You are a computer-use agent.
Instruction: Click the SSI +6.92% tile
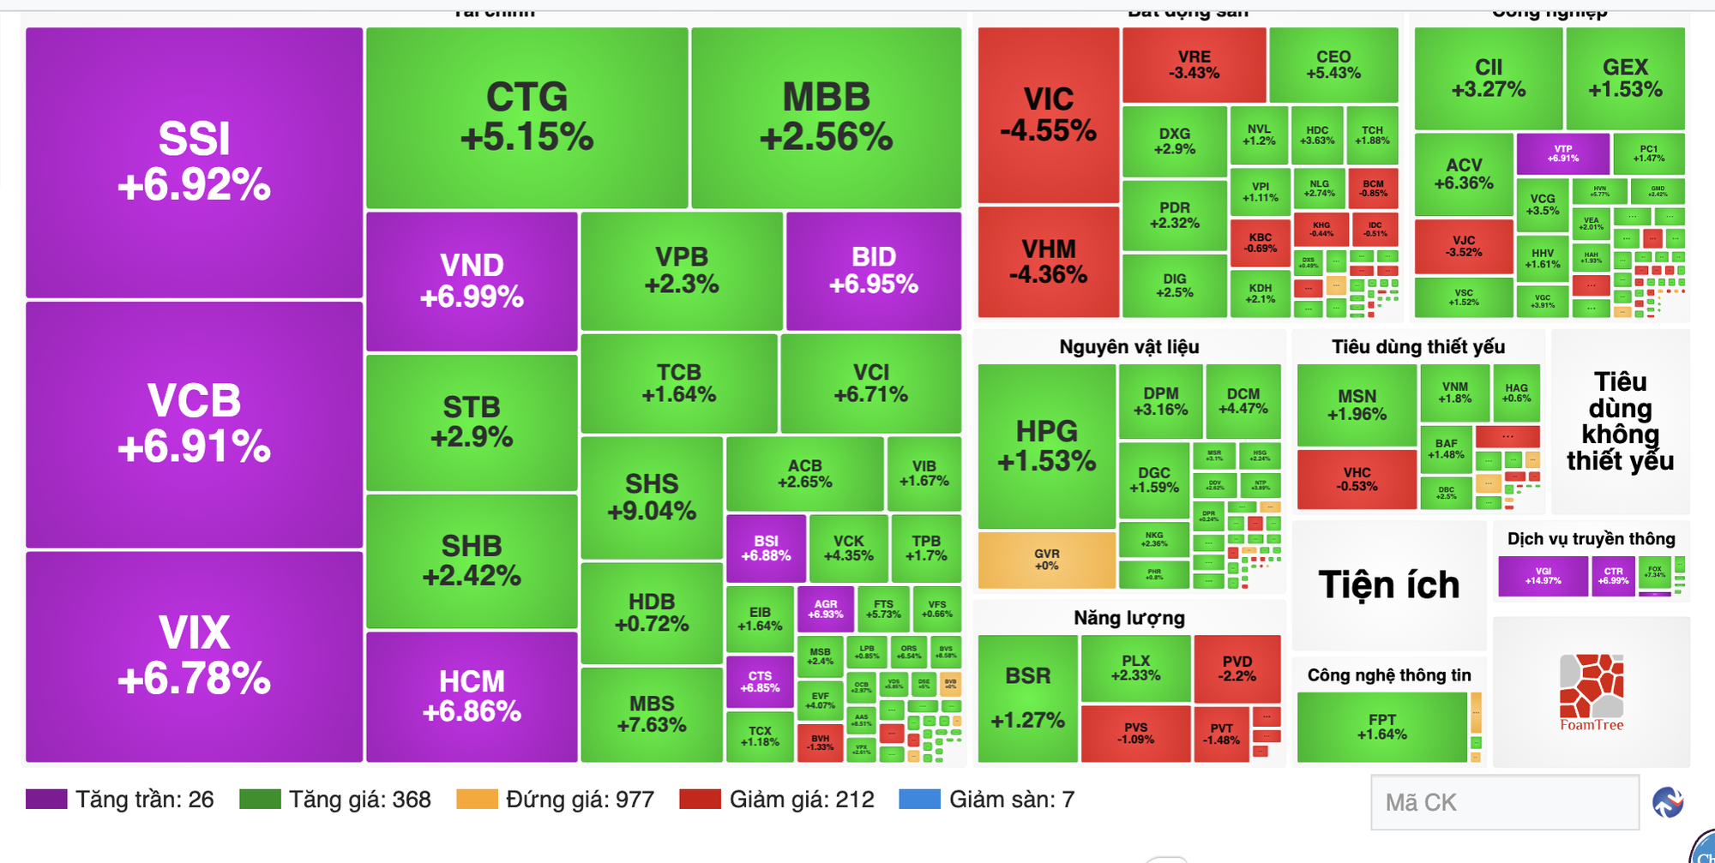194,163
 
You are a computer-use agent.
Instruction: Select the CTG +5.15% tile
527,117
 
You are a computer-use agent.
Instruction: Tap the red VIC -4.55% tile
1048,115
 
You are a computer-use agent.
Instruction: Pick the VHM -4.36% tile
1048,261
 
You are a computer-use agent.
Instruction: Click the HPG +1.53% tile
1046,446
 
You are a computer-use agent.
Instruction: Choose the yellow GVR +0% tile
1046,560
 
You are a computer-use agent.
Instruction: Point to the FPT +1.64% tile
1381,727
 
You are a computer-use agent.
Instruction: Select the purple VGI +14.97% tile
1543,576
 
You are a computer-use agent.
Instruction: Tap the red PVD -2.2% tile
1237,668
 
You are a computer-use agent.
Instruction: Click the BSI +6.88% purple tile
766,548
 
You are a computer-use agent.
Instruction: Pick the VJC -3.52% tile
1464,246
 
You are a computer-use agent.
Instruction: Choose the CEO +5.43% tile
1333,64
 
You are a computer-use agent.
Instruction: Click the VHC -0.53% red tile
1357,479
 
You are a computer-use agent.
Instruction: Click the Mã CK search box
1504,802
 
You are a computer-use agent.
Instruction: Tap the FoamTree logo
1591,692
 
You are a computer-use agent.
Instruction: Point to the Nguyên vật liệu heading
1128,347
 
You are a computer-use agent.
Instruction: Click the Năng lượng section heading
1128,618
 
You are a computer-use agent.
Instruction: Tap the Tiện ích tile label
1388,585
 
